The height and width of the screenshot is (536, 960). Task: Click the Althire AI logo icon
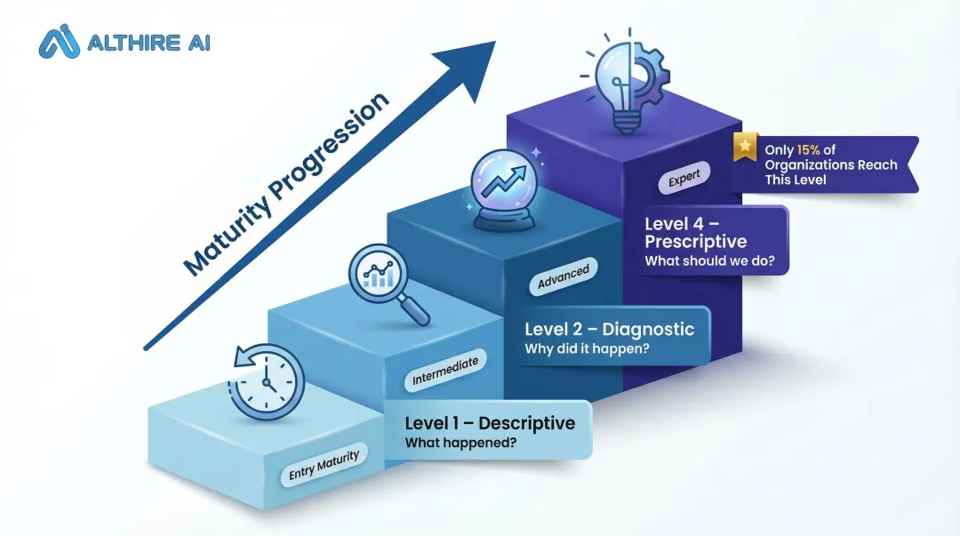coord(60,41)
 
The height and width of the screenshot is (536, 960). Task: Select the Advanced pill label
coord(563,277)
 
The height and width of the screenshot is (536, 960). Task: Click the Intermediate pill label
coord(445,372)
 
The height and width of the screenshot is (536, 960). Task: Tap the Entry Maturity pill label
coord(324,465)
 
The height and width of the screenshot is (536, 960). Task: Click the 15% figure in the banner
coord(809,150)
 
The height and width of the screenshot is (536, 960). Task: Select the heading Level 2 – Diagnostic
coord(609,329)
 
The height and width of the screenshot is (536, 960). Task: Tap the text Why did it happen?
coord(586,348)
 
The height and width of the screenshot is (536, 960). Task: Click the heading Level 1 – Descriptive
coord(489,423)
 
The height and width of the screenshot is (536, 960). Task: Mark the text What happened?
coord(460,443)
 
